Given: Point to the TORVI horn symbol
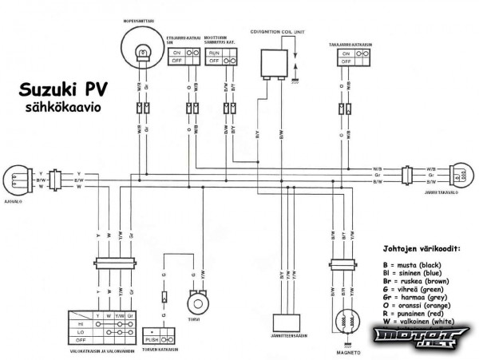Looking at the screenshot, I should (196, 304).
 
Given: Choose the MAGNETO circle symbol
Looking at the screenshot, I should (345, 317).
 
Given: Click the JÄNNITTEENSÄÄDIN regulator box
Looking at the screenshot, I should (291, 321).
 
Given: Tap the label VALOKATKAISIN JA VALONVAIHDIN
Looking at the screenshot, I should (95, 351).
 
